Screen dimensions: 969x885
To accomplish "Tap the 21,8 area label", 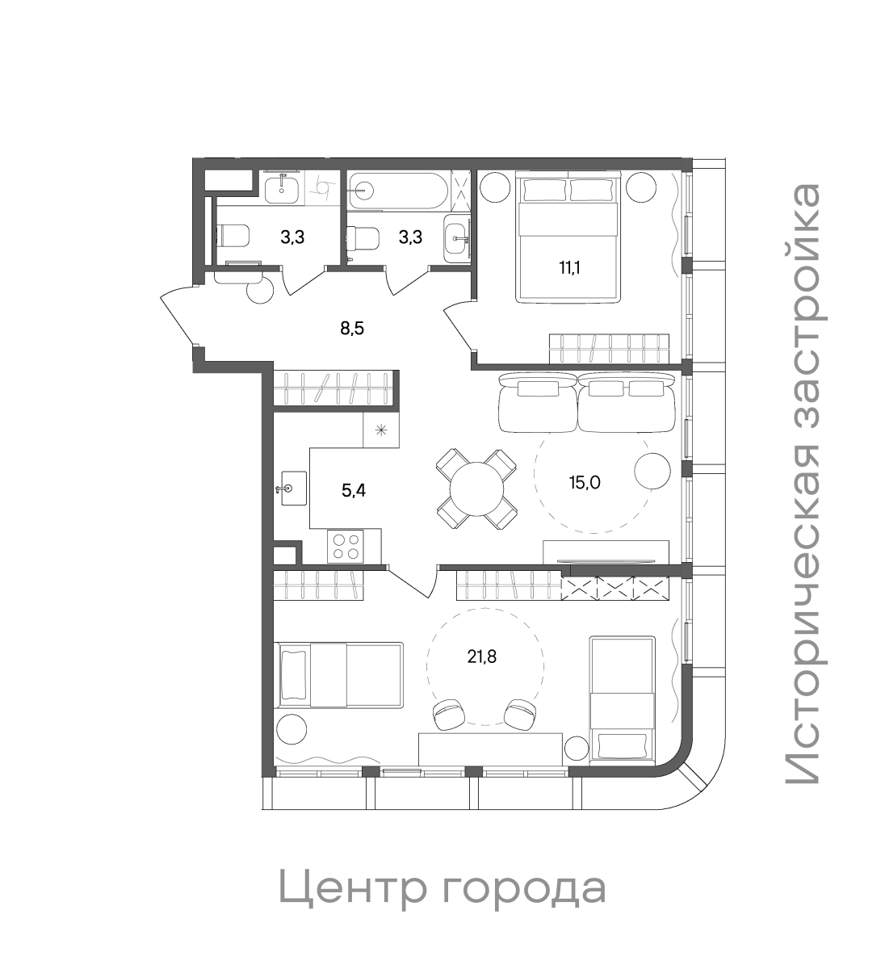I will coord(481,656).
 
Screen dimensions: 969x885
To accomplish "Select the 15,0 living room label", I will coord(585,482).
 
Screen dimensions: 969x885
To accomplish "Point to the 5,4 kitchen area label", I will coord(354,489).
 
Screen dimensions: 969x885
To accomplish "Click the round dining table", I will coord(476,489).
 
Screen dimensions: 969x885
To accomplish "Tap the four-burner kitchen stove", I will coord(346,547).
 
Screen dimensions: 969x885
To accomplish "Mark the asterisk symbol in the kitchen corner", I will coord(381,429).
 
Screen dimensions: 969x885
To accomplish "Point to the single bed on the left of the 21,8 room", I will coord(339,675).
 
